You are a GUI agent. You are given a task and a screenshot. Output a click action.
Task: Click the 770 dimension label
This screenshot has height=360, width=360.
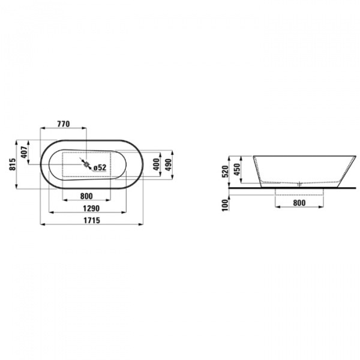pyautogui.click(x=63, y=124)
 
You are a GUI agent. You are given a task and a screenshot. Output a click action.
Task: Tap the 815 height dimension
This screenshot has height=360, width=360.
pyautogui.click(x=13, y=164)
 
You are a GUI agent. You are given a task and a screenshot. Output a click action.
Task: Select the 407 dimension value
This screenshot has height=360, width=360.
pyautogui.click(x=24, y=152)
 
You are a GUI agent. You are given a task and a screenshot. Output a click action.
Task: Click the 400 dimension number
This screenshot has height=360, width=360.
pyautogui.click(x=157, y=164)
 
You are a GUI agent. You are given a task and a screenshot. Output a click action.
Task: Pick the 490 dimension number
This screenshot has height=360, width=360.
pyautogui.click(x=168, y=164)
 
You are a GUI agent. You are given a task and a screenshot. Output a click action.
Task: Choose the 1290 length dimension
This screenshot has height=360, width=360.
pyautogui.click(x=91, y=208)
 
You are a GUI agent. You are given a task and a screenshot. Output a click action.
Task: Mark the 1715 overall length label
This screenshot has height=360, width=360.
pyautogui.click(x=92, y=220)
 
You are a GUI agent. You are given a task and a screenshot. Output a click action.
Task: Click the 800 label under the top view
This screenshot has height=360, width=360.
pyautogui.click(x=86, y=196)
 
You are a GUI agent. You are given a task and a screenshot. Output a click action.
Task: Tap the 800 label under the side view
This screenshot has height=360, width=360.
pyautogui.click(x=299, y=203)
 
